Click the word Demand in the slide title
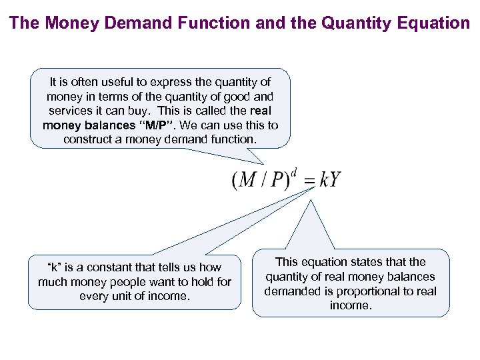pyautogui.click(x=128, y=23)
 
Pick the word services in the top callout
pyautogui.click(x=70, y=111)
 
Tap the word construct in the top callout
pyautogui.click(x=89, y=140)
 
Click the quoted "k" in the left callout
pyautogui.click(x=55, y=267)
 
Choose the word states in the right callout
pyautogui.click(x=370, y=262)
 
